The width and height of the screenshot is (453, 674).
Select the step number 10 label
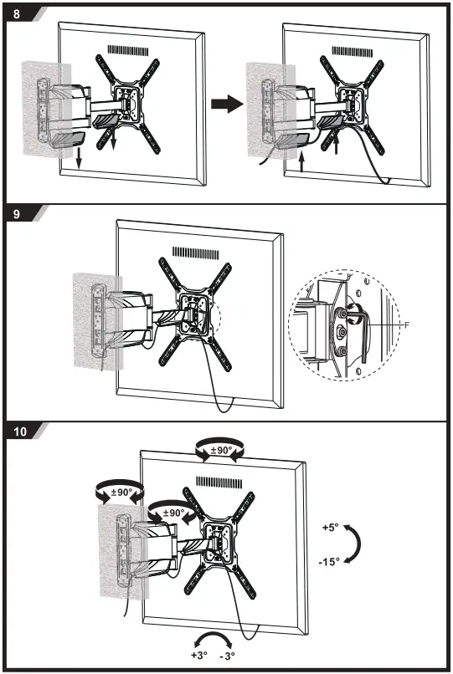[x=19, y=432]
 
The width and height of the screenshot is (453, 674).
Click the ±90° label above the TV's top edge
[x=221, y=450]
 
